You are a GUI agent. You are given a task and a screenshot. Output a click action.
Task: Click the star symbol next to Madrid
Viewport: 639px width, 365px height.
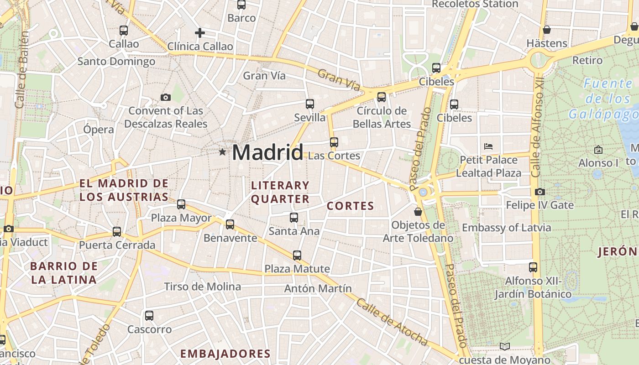pos(222,151)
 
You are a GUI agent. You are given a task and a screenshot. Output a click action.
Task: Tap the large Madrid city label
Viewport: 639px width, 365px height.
pos(267,152)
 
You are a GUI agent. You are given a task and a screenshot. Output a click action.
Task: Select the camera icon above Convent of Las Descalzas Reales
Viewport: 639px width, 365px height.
pos(166,97)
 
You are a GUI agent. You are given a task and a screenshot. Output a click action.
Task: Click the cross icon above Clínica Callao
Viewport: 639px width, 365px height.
pos(199,33)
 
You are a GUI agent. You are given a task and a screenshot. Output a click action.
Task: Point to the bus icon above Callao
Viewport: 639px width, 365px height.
pos(124,31)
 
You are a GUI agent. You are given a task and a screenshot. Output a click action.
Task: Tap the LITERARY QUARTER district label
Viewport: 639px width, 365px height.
pos(280,192)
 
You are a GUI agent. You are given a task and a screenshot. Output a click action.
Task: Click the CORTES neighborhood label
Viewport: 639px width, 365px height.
pos(351,206)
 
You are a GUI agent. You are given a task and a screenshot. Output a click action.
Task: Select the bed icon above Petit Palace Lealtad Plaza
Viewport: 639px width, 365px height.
pos(488,146)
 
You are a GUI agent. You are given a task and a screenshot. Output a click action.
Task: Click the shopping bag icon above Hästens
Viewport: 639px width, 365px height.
pos(547,30)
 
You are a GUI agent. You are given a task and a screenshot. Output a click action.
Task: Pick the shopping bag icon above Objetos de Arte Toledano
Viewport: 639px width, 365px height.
pos(418,212)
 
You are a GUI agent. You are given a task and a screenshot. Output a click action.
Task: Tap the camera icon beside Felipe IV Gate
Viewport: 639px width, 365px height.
pos(540,192)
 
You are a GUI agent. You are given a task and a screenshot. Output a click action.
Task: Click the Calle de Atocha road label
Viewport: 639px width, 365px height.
pos(392,322)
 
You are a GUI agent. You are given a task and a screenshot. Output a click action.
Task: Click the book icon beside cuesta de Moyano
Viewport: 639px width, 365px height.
pos(504,346)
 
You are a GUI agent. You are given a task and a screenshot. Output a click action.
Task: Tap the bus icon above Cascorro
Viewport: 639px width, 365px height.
pos(149,315)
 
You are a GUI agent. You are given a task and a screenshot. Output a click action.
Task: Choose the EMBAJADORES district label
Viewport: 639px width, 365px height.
pos(225,354)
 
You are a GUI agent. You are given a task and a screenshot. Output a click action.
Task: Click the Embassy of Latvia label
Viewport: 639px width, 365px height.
pos(506,227)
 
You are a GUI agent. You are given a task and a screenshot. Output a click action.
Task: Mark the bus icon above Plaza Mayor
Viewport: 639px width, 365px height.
pos(181,204)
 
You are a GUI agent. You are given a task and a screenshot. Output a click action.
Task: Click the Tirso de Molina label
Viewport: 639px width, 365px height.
pos(202,287)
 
